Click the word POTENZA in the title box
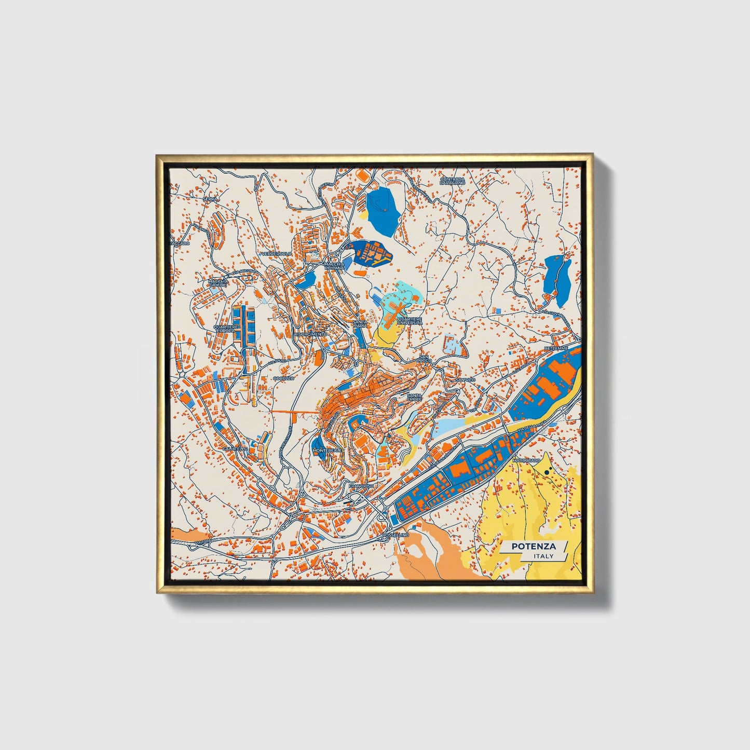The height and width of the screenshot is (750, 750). coord(534,546)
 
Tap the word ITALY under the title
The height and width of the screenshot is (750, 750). coord(543,556)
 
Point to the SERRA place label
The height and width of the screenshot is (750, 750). coord(210,199)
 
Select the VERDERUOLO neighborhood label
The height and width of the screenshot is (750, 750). coord(276,253)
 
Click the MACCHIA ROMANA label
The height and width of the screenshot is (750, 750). coord(334,266)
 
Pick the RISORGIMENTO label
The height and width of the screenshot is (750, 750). coord(310,334)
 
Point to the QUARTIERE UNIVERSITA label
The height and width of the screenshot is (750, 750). coord(410,321)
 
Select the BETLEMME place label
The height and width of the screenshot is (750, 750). coord(556,347)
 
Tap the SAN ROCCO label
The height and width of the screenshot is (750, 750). coord(425,359)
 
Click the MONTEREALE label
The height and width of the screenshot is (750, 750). coord(327,451)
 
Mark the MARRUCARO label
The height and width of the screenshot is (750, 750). coord(526,460)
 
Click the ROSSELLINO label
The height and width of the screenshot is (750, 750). coord(395,535)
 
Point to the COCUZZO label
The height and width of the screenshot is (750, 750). coord(283,378)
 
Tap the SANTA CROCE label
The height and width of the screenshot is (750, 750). coord(414,397)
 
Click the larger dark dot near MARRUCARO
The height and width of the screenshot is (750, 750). coord(548,472)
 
